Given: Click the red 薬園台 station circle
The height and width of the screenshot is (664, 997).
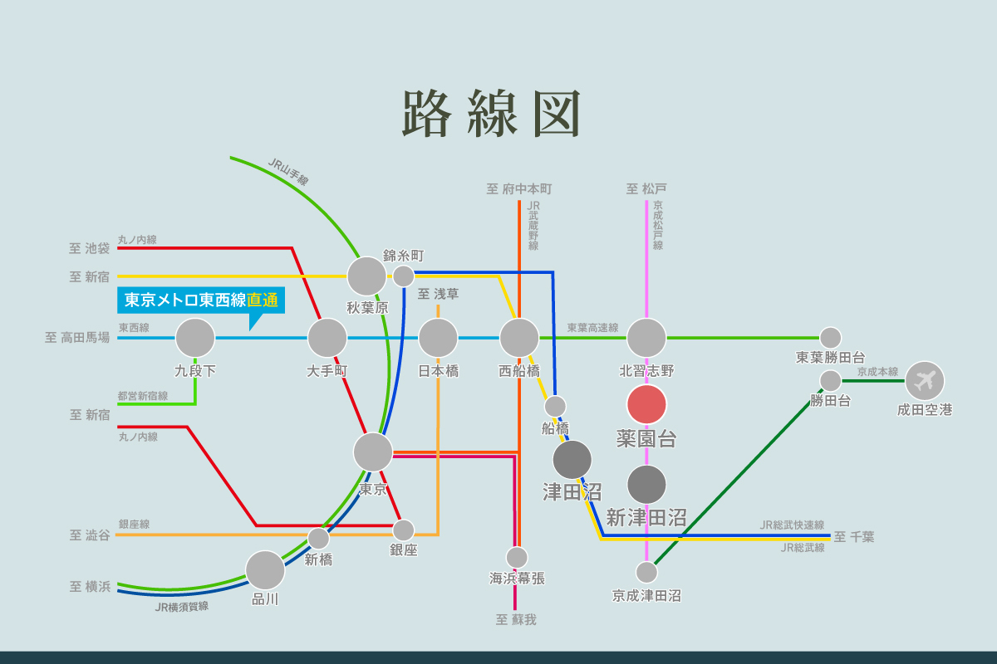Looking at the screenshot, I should coord(646,404).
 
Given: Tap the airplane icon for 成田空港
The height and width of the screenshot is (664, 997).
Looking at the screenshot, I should coord(924,381).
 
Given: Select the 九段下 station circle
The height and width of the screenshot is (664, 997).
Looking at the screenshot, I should coord(195,338).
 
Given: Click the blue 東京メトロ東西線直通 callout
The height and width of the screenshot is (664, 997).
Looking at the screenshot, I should coord(201,300).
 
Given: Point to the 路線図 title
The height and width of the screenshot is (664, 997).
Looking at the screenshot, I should coord(490,114).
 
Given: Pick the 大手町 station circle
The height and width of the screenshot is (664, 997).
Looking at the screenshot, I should coord(327,338).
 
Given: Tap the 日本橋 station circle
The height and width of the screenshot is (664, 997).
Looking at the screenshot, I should coord(438,338).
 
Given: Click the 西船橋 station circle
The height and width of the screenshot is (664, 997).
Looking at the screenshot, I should coord(519,338).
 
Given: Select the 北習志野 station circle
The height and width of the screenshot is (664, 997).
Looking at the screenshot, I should coord(646,338).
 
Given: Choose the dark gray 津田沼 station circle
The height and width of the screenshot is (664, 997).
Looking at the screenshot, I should coord(572,460).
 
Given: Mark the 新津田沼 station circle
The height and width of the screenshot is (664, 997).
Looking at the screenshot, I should coord(646,485).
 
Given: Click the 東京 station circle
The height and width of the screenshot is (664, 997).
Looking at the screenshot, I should coord(373,452).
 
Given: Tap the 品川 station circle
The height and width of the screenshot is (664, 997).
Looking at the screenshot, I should coord(265,570).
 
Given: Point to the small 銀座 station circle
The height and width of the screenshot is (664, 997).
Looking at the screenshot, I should coord(404,530).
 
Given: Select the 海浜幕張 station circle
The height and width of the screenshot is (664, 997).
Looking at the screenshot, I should coord(517,557).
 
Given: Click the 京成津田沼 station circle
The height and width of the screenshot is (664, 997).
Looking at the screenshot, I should coord(646,572).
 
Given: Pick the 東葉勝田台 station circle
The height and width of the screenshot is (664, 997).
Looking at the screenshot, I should coord(831,338).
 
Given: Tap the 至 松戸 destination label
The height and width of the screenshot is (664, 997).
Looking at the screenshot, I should coord(646,189).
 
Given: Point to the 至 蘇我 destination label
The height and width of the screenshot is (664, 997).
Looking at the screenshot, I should coord(516,619).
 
